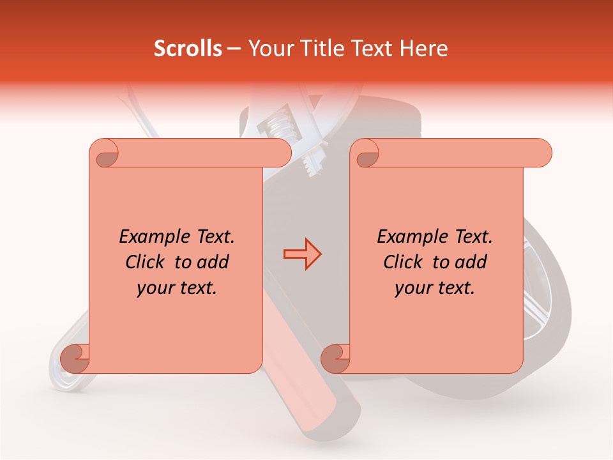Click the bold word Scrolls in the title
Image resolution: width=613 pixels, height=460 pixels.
click(x=188, y=49)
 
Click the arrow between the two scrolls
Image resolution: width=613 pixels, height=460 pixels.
click(x=302, y=254)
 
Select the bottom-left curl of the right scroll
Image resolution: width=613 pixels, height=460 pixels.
click(x=335, y=358)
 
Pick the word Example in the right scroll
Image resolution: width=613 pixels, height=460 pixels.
click(x=409, y=237)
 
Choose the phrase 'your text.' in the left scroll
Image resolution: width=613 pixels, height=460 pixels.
click(x=177, y=288)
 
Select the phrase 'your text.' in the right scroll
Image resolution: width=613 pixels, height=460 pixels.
click(x=435, y=288)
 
